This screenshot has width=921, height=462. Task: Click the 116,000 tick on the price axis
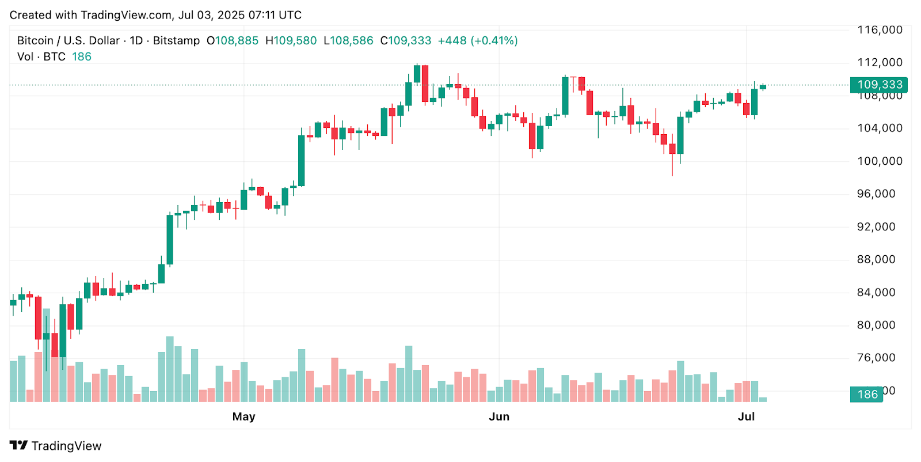click(880, 30)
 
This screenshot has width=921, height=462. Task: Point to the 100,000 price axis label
click(880, 161)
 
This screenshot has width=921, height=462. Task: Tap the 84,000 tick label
click(880, 293)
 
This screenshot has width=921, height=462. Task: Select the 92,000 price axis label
click(880, 227)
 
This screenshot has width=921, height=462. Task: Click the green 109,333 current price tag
click(878, 85)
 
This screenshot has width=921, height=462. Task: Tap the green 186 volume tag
click(866, 395)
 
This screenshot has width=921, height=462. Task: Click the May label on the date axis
click(243, 416)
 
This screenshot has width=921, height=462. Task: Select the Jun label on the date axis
click(499, 416)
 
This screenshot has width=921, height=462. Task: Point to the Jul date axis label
click(746, 416)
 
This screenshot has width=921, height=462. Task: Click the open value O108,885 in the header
click(233, 41)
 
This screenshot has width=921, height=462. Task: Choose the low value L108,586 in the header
click(348, 41)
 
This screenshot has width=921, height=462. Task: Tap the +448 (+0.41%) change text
click(478, 41)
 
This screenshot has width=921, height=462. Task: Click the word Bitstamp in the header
click(176, 41)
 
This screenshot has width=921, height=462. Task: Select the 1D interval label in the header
click(136, 41)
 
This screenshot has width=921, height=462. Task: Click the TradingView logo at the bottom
click(55, 446)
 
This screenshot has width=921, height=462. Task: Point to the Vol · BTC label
click(41, 56)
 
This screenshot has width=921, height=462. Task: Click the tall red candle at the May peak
click(425, 84)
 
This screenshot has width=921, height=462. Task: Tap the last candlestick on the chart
click(763, 87)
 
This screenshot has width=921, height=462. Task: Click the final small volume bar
click(763, 399)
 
